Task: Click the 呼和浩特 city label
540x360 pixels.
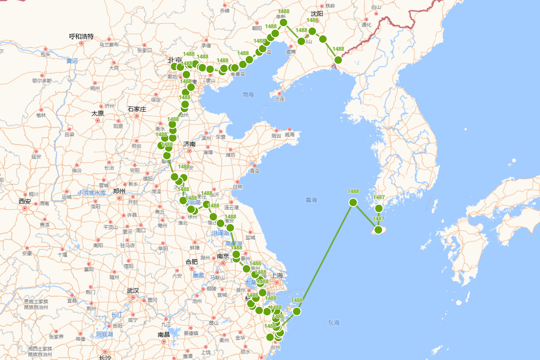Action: click(x=81, y=36)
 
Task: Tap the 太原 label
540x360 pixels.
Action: click(x=98, y=113)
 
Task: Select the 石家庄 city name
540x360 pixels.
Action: click(x=137, y=109)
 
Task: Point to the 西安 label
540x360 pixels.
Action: click(x=25, y=201)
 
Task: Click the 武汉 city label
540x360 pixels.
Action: click(x=133, y=290)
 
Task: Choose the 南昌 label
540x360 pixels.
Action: click(x=164, y=334)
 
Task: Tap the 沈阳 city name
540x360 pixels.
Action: click(x=317, y=14)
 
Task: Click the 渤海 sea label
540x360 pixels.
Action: click(x=248, y=94)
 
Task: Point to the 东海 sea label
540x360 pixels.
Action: click(x=333, y=323)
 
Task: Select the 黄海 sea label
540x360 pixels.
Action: click(x=311, y=200)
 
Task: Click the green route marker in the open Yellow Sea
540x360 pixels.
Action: click(x=353, y=202)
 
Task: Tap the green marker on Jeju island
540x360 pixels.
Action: click(x=378, y=230)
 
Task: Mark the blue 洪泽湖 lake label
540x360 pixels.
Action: click(x=221, y=233)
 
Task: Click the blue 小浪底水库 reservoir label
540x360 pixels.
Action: click(x=91, y=193)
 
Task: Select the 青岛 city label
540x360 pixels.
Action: click(x=255, y=171)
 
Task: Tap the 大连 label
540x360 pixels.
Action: click(x=279, y=99)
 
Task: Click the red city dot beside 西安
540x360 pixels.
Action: click(x=25, y=208)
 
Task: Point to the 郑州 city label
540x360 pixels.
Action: click(x=119, y=191)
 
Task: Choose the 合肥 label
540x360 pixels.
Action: click(x=192, y=261)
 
